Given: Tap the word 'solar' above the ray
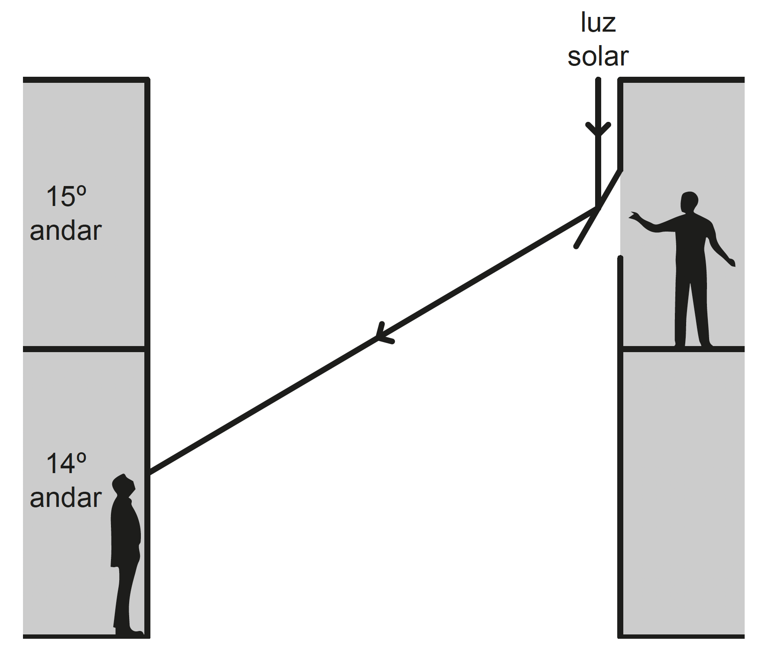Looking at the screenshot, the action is point(598,56).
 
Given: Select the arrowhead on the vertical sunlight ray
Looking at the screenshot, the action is point(598,129).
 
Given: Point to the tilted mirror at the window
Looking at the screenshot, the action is point(598,209).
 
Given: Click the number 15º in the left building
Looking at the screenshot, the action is point(66,196).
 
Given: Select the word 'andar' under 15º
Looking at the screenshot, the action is point(65,231).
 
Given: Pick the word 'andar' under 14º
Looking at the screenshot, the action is point(65,497).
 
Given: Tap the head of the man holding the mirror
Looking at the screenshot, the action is point(689,202).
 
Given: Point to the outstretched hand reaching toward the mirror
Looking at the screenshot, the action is point(636,216).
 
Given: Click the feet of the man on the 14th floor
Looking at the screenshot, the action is point(129,631).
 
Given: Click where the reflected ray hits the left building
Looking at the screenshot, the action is point(150,473).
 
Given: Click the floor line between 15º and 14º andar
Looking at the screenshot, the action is point(84,349).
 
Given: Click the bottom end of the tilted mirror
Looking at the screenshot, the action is point(576,247).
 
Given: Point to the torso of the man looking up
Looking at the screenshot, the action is point(125,531).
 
